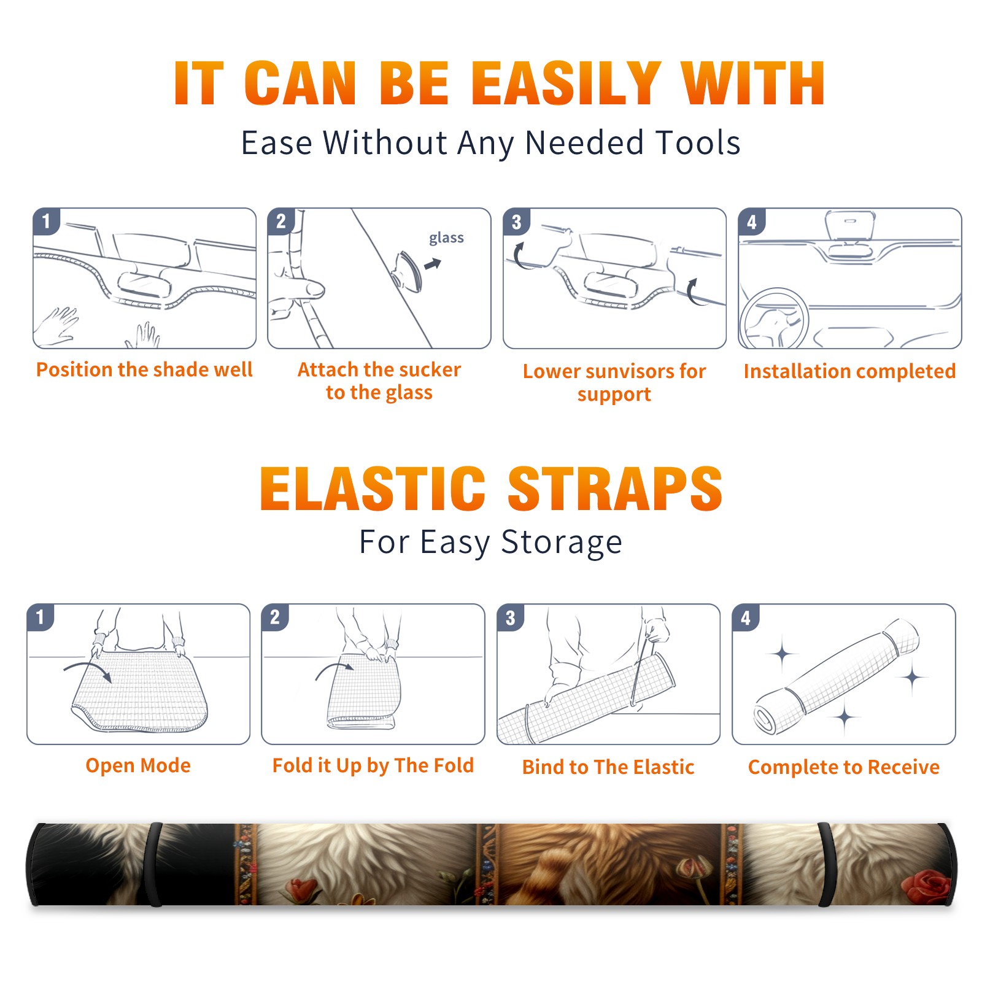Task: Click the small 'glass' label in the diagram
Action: pyautogui.click(x=446, y=238)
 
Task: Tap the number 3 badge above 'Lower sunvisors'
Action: pyautogui.click(x=516, y=222)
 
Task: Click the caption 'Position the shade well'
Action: pyautogui.click(x=144, y=369)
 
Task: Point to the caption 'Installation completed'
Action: pyautogui.click(x=849, y=371)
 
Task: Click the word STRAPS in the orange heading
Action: pyautogui.click(x=615, y=489)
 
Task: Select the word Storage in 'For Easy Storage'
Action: pyautogui.click(x=562, y=543)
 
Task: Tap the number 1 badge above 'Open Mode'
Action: pyautogui.click(x=41, y=617)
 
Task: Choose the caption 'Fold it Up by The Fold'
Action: pyautogui.click(x=373, y=765)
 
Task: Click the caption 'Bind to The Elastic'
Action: pyautogui.click(x=608, y=767)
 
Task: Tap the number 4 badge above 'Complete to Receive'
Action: pyautogui.click(x=746, y=617)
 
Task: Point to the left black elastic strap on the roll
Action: pyautogui.click(x=155, y=864)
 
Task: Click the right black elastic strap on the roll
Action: pyautogui.click(x=826, y=864)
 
